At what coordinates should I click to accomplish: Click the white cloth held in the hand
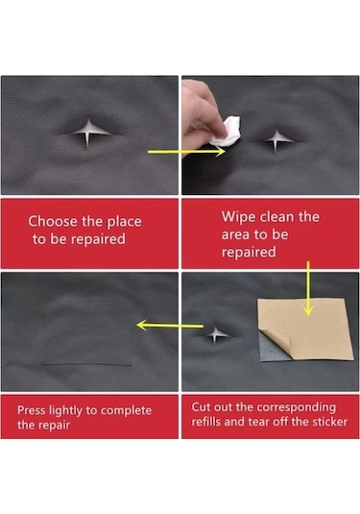227,132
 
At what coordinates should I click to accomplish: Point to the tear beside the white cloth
276,140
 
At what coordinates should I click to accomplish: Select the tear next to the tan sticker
217,335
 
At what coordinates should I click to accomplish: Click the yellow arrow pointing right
186,152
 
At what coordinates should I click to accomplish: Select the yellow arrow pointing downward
308,288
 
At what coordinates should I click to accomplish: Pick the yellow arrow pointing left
170,325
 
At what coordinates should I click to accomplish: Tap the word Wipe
235,217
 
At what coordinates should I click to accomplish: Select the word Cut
201,406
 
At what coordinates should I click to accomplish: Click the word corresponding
296,407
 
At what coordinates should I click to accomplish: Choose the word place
125,222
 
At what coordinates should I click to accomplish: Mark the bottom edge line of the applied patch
86,364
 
